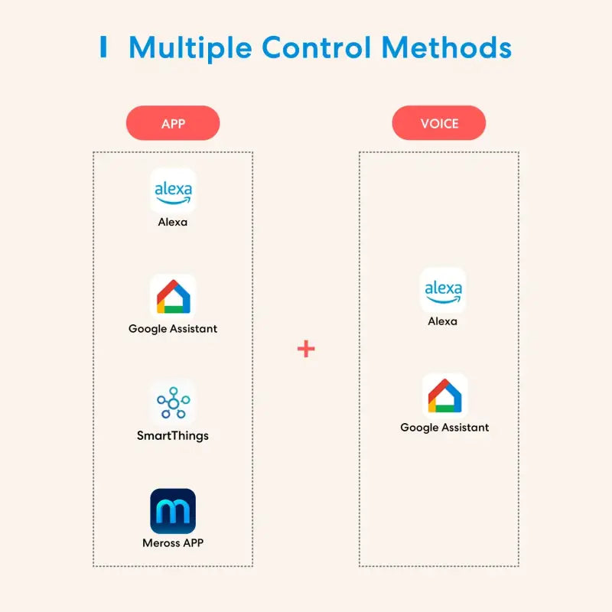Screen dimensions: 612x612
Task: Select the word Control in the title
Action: pos(317,47)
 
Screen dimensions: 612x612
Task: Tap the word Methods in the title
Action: pos(447,47)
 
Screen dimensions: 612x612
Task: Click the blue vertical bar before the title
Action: pos(103,47)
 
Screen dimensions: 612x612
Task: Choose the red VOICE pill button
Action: pos(438,123)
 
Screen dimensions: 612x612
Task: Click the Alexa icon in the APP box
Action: pos(173,190)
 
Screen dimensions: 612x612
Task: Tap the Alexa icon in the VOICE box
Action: pos(443,290)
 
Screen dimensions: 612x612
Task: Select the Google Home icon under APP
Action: pos(173,297)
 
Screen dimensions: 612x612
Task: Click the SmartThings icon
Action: pos(173,403)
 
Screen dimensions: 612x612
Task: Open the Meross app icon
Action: pos(173,511)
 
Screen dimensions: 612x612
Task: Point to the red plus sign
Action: pos(306,349)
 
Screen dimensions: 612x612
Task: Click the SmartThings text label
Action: pos(173,436)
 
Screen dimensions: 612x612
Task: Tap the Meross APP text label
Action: pos(173,543)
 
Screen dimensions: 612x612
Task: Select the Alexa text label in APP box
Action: pos(173,223)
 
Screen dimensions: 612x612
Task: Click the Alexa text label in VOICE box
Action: pos(443,321)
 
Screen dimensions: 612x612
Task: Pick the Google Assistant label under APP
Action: pos(173,329)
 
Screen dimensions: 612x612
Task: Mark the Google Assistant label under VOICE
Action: pos(444,428)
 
